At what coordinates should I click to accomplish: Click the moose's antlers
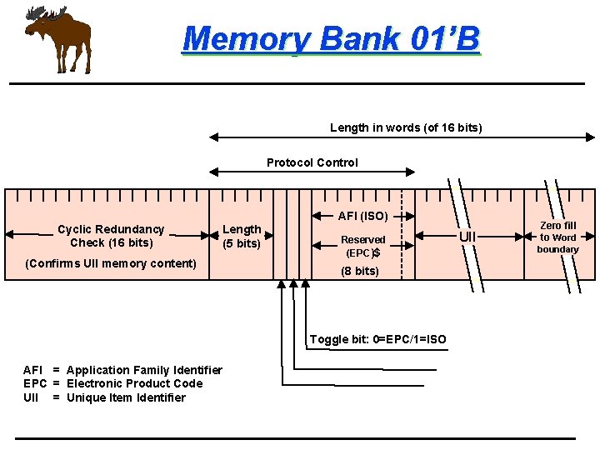[46, 14]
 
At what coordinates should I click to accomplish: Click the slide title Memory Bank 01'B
[331, 38]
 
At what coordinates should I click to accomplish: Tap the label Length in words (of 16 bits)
[406, 127]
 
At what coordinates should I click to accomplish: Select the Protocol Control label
[312, 162]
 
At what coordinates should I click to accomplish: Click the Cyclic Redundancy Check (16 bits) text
[111, 236]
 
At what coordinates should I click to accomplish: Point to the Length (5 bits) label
[242, 236]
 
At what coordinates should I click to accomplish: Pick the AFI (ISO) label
[362, 216]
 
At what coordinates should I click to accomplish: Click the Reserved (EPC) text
[363, 246]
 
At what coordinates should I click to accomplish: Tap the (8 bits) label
[361, 271]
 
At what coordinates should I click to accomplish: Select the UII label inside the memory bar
[468, 237]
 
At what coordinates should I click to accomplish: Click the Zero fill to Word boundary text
[557, 237]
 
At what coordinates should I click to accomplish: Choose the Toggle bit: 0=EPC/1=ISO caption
[377, 339]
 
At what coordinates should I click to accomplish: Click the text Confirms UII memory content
[111, 263]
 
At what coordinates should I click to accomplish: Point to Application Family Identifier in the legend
[144, 370]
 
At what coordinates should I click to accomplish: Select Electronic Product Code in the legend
[134, 383]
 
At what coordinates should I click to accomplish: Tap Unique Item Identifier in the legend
[126, 397]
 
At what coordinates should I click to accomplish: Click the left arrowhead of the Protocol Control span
[212, 172]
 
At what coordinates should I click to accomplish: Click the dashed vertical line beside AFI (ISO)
[402, 237]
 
